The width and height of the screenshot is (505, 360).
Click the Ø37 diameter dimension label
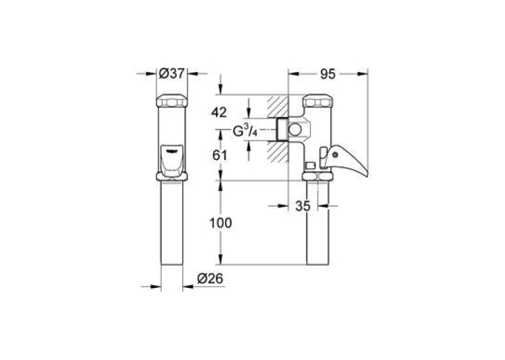172,73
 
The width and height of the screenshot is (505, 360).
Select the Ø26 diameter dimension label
211,279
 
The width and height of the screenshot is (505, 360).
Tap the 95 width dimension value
328,74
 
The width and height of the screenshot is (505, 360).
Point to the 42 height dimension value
219,112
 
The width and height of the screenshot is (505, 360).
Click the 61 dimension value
220,155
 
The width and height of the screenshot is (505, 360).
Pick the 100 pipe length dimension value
220,223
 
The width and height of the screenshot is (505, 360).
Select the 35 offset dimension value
303,206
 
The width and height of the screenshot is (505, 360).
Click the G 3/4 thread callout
245,131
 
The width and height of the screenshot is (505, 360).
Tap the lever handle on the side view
345,160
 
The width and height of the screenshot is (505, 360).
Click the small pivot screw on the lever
335,155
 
